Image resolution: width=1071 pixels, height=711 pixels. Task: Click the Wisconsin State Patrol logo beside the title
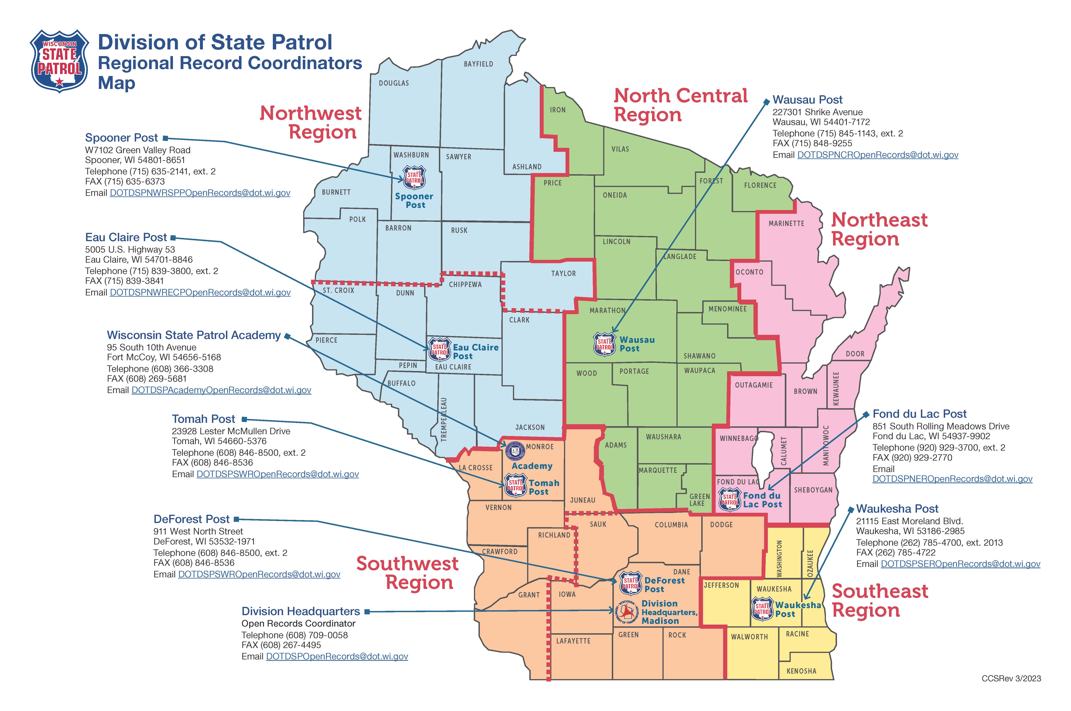59,61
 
